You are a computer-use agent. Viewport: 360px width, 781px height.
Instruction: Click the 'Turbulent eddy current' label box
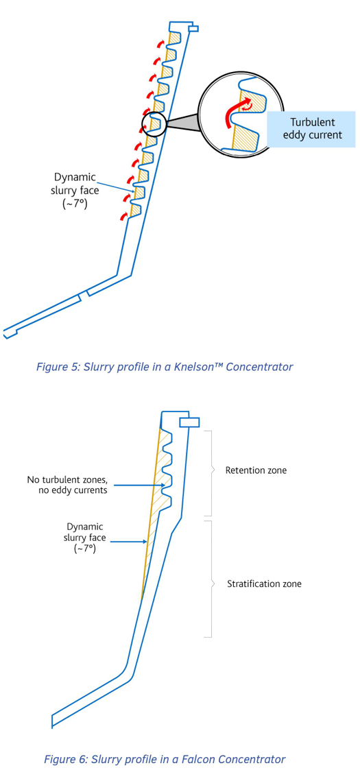(x=313, y=128)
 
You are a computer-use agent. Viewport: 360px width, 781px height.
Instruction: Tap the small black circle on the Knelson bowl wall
(x=154, y=124)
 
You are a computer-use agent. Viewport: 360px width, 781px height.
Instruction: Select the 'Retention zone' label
(x=256, y=470)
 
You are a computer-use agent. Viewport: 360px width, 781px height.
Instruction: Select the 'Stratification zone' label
(x=264, y=584)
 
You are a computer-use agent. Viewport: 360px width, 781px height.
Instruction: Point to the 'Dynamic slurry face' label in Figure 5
(x=75, y=190)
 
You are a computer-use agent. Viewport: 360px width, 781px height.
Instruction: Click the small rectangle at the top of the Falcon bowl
(x=189, y=422)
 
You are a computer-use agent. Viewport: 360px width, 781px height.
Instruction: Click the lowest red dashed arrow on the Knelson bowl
(x=123, y=216)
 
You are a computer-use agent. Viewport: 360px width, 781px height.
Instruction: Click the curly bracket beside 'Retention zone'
(x=210, y=473)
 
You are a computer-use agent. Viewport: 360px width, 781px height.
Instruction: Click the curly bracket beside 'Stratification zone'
(x=210, y=579)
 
